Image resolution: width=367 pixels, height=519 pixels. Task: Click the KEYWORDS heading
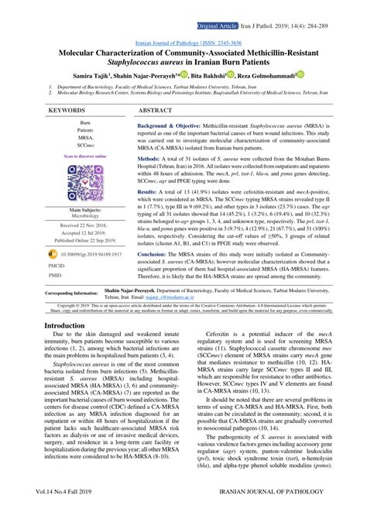coord(67,112)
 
